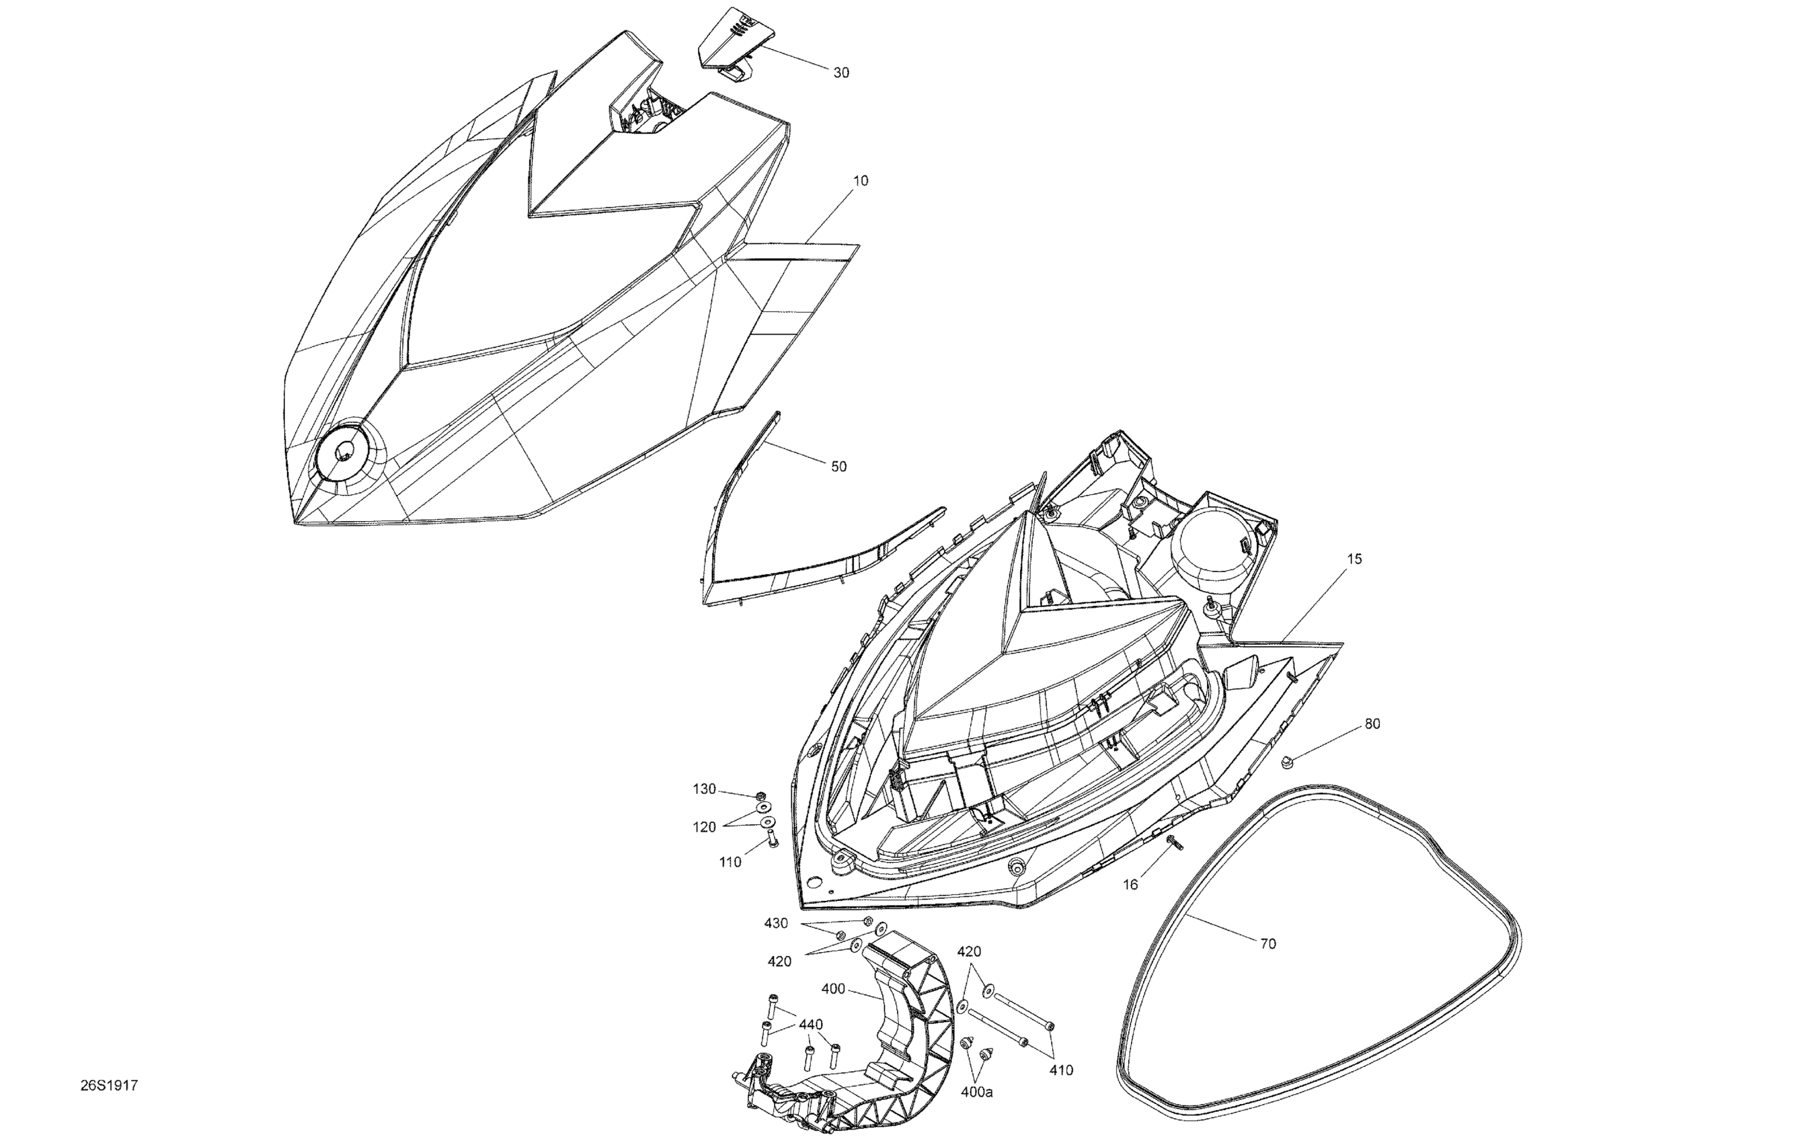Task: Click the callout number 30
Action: click(841, 73)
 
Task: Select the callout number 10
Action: click(861, 180)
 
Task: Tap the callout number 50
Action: click(838, 467)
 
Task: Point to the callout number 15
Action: click(1354, 559)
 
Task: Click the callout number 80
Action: click(1372, 723)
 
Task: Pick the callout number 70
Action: click(1267, 944)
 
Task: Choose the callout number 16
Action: click(1130, 885)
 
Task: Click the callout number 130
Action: click(704, 789)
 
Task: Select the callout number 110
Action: click(730, 862)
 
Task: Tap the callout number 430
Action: click(776, 924)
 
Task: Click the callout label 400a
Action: click(977, 1092)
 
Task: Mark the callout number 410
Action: click(1061, 1070)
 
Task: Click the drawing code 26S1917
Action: click(110, 1085)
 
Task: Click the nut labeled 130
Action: click(761, 795)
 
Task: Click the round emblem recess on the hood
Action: click(342, 453)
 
